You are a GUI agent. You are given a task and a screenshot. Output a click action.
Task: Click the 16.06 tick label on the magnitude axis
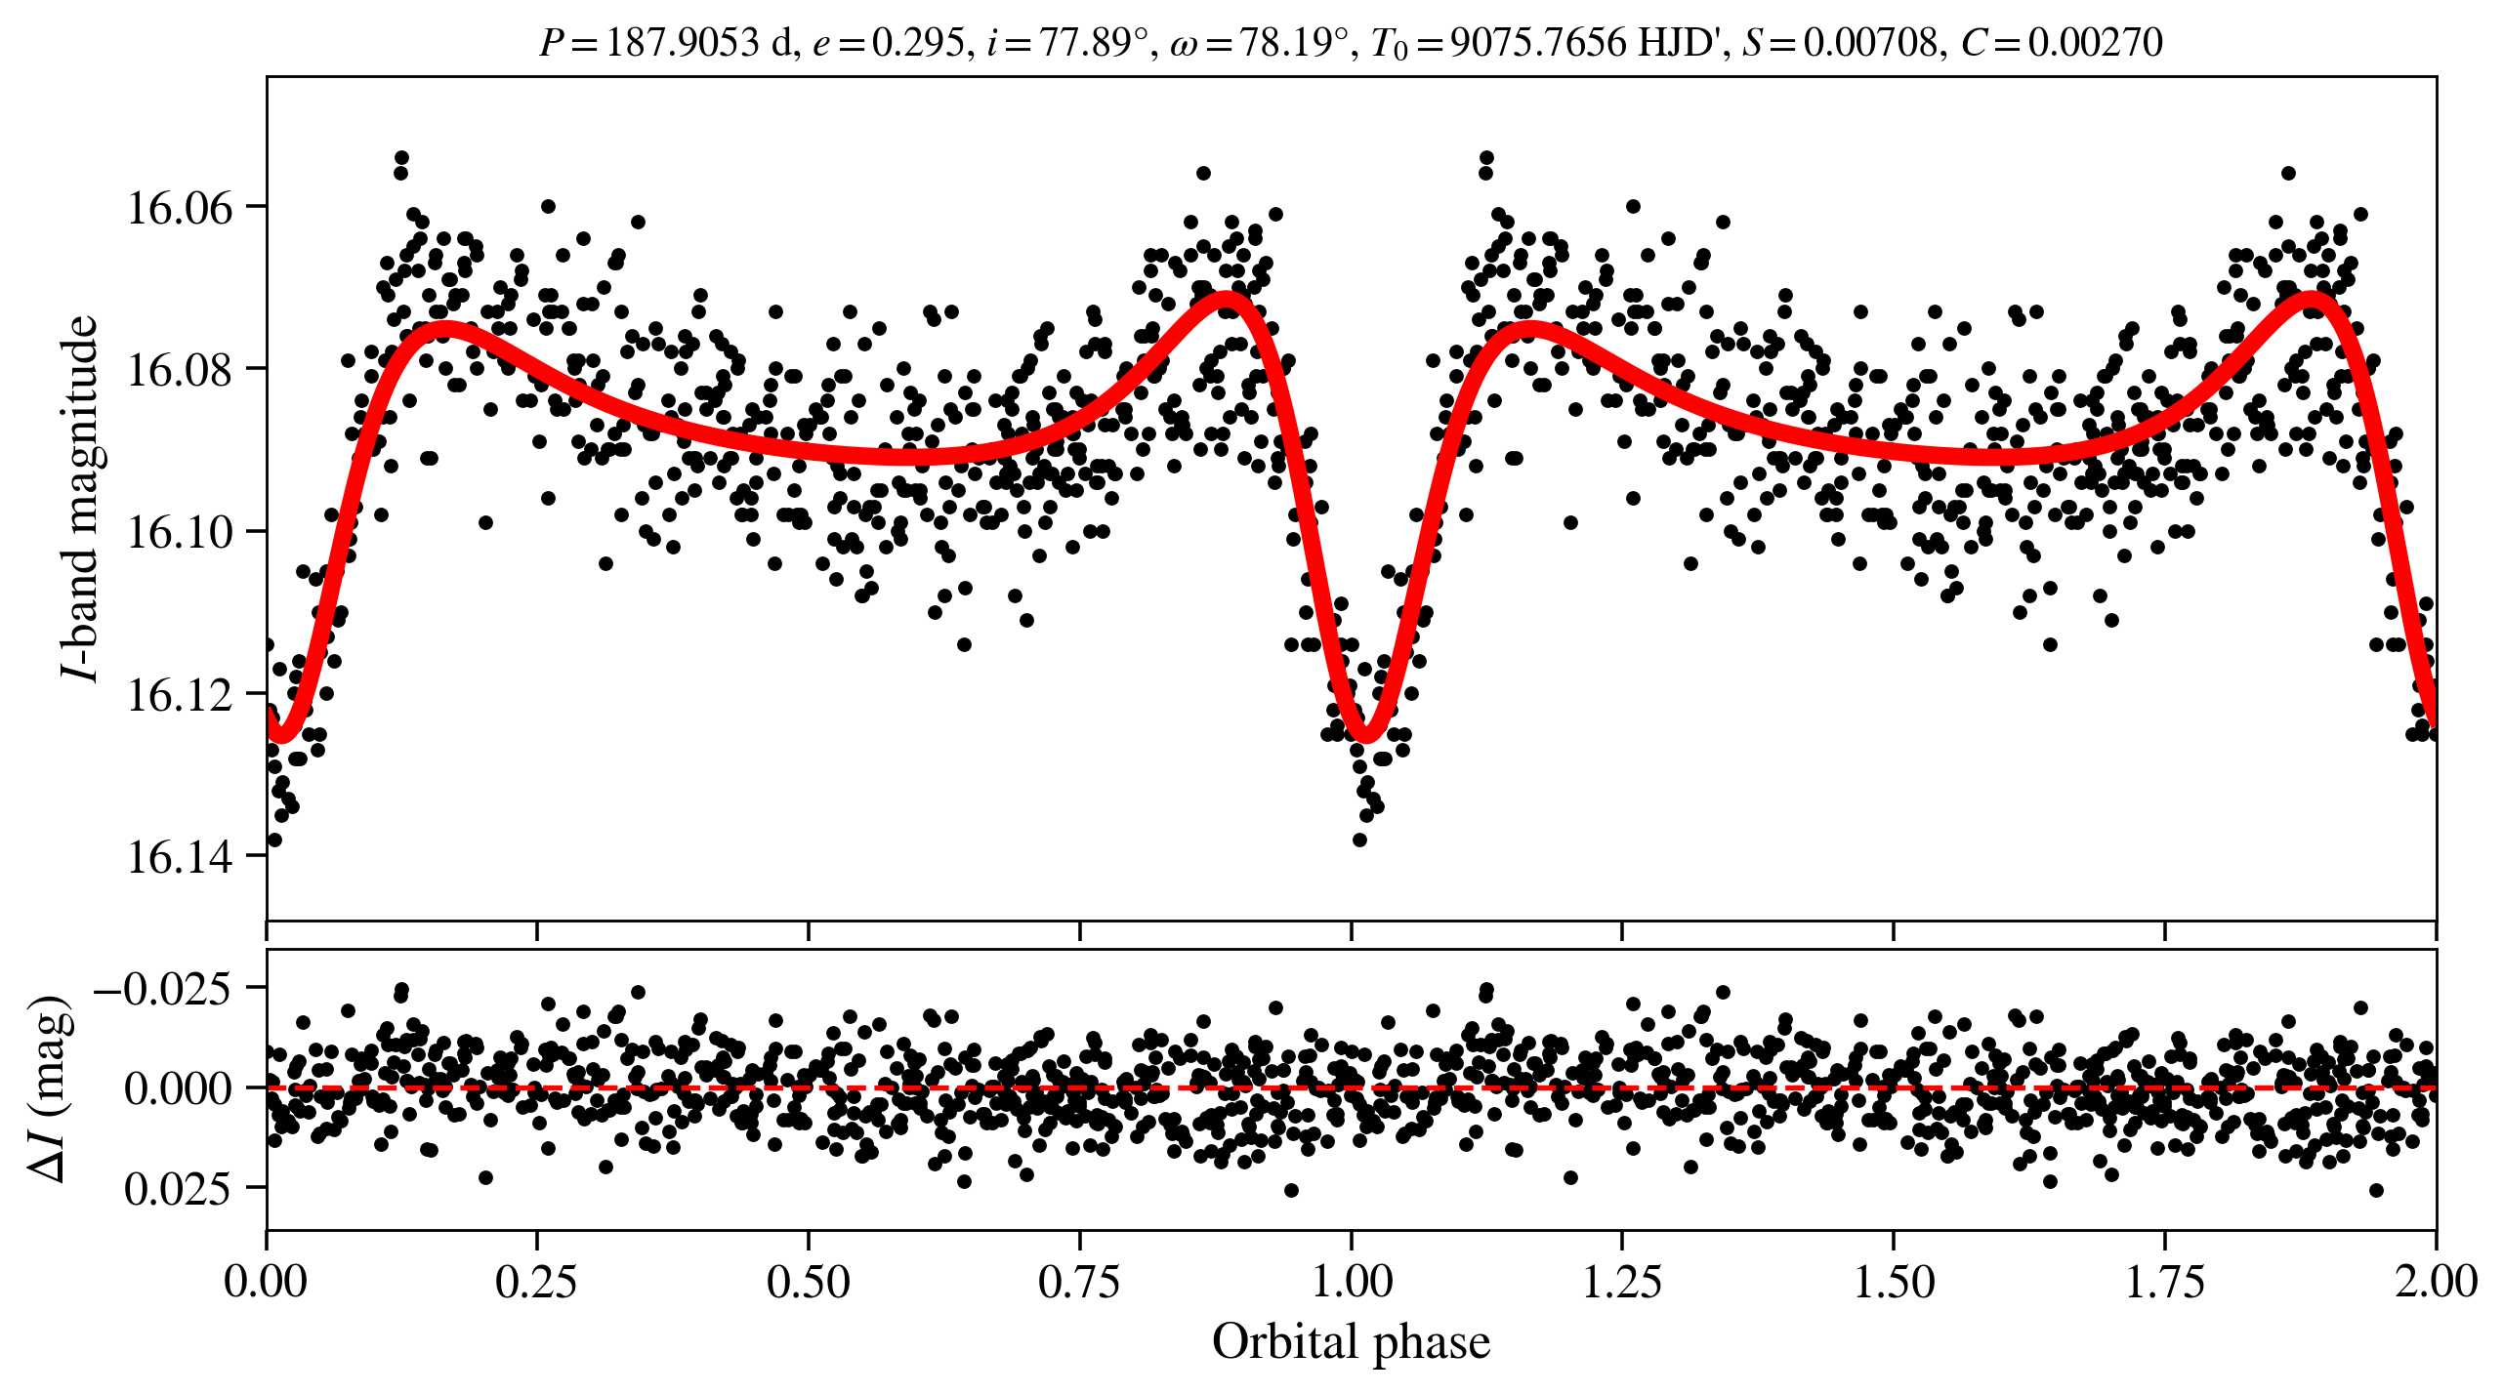point(181,208)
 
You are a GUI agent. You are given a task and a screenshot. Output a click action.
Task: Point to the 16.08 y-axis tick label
point(181,370)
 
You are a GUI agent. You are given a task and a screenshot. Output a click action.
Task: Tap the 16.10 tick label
point(181,533)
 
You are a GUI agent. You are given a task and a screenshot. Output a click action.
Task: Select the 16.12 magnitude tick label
point(181,695)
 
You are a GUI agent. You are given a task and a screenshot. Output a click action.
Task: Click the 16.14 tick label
point(181,857)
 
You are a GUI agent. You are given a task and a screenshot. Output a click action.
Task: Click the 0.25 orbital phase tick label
point(536,1282)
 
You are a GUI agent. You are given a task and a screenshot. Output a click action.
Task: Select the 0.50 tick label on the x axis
point(808,1282)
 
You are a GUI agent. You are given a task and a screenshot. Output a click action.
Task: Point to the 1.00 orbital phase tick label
point(1351,1282)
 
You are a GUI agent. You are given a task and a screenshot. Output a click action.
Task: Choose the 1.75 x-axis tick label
point(2164,1282)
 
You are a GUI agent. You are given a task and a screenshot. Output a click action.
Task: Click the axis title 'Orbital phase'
point(1351,1342)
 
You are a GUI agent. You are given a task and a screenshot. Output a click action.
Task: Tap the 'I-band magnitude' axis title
point(80,498)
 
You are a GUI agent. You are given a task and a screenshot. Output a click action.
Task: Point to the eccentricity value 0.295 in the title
point(917,42)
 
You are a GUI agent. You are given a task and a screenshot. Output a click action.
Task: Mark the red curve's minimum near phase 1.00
point(1365,734)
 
